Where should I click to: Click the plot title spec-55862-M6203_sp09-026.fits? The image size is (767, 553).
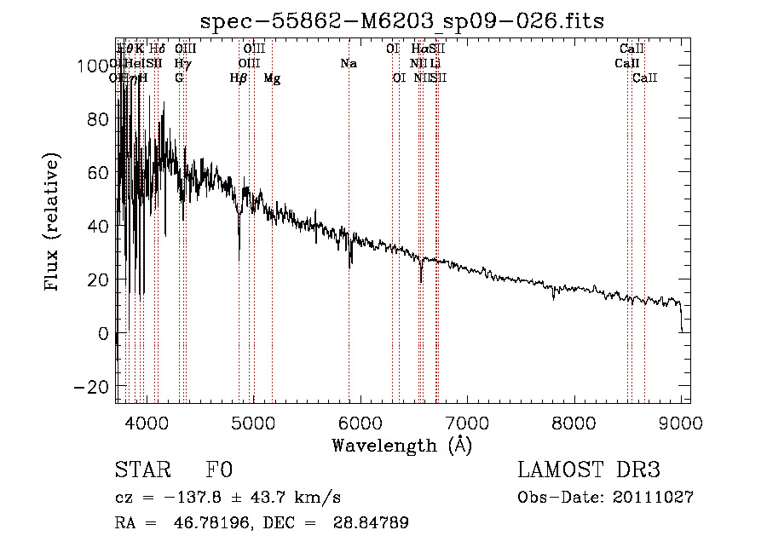click(402, 21)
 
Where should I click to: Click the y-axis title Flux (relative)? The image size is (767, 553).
click(53, 222)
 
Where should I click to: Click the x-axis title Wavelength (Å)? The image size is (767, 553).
click(402, 445)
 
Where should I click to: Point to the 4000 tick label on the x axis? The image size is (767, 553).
click(146, 423)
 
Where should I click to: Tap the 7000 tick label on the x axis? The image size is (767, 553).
click(467, 423)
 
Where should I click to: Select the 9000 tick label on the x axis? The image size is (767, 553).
click(681, 423)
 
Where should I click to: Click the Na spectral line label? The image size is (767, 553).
click(348, 64)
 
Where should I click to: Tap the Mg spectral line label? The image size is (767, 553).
click(272, 78)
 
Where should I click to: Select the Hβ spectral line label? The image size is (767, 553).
click(239, 78)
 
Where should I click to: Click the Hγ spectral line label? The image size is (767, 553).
click(182, 64)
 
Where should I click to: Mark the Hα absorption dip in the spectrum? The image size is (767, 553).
click(420, 277)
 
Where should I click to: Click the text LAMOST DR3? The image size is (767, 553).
click(588, 470)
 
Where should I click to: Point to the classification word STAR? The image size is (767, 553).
click(141, 470)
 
